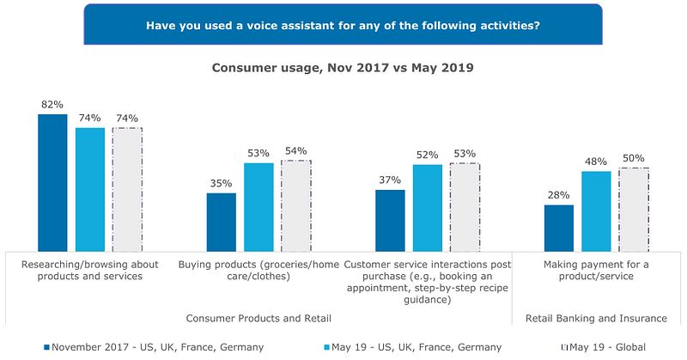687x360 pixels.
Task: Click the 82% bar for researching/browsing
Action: coord(52,181)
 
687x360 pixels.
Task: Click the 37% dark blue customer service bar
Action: coord(390,219)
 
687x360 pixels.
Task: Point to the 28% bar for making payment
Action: coord(559,227)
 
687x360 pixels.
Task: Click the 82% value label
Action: coord(52,105)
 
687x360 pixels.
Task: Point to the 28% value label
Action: coord(559,195)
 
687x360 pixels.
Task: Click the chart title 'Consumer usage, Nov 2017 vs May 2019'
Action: coord(343,68)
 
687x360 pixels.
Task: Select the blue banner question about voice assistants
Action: coord(343,25)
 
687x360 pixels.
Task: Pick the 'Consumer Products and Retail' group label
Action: coord(258,318)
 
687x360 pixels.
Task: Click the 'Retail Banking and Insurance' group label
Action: coord(596,318)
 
